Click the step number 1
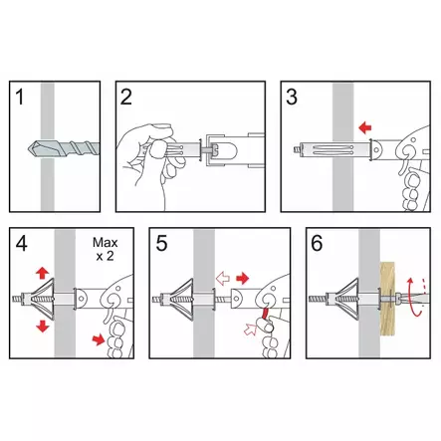pos(21,97)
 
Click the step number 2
pos(126,97)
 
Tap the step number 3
pos(292,97)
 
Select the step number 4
pos(22,244)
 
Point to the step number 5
pos(161,244)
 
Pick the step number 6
pos(317,244)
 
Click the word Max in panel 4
pos(106,243)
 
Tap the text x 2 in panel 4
pos(105,256)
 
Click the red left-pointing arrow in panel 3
pos(365,127)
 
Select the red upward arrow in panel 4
pos(43,274)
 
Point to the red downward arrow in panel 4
pos(43,326)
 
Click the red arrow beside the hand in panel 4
pos(99,339)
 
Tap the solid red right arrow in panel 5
pos(243,279)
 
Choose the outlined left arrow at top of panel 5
pos(223,279)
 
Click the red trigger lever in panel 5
pos(265,315)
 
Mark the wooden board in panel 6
pos(387,300)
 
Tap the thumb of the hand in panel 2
pos(157,149)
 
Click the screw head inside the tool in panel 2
pos(214,150)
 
